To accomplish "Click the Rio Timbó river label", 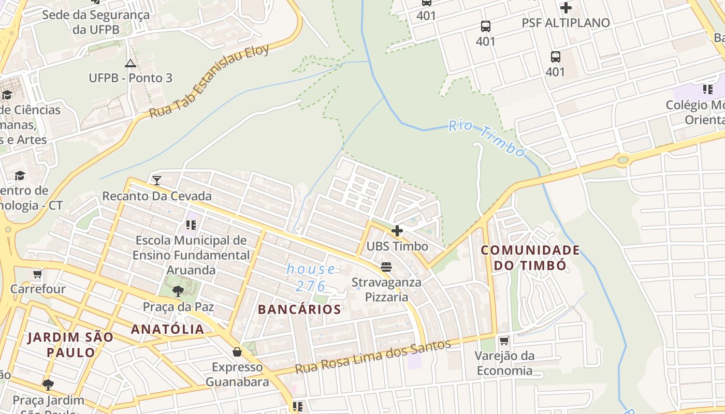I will coord(487,138).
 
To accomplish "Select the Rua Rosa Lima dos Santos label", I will coord(373,357).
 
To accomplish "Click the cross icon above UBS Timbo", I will coord(397,231).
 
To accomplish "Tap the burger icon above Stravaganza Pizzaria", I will coord(386,267).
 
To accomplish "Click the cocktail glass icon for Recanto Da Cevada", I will coord(157,181).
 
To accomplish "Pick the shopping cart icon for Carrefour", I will coord(37,273).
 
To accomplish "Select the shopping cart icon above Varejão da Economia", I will coord(504,341).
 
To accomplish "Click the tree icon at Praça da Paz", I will coord(178,291).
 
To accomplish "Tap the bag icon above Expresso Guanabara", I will coord(237,352).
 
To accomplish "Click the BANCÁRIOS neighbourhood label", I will coord(299,309).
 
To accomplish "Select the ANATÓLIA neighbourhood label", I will coord(167,329).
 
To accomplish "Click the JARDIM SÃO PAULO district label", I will coord(70,345).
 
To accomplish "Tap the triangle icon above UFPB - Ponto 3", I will coord(130,63).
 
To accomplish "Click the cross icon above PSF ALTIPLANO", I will coord(565,8).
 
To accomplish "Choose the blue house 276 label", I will coord(311,277).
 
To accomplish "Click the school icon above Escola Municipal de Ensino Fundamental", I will coord(191,225).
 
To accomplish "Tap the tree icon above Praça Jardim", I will coord(48,385).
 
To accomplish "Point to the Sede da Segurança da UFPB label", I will coord(96,22).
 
